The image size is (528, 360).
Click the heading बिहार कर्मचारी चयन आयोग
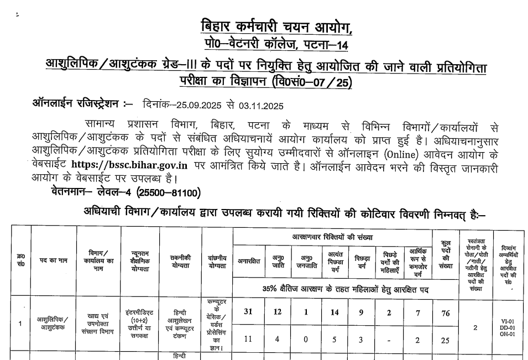coord(275,26)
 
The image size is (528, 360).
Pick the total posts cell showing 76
coord(445,312)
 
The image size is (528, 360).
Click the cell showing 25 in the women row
coord(445,340)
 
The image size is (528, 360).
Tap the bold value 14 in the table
coord(334,312)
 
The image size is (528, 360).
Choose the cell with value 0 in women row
coord(305,340)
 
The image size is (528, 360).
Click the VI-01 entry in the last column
coord(507,321)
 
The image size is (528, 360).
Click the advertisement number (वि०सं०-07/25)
coord(312,82)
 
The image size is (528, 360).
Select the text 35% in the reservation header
coord(271,289)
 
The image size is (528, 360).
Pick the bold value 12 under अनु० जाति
coord(278,312)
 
